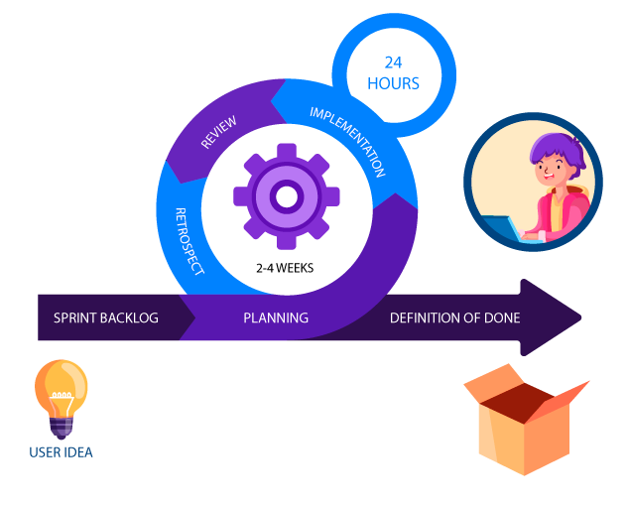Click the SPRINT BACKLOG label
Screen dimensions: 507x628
[x=106, y=318]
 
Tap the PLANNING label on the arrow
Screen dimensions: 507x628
[x=276, y=318]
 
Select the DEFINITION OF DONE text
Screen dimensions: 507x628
[x=454, y=318]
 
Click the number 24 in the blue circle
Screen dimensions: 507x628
[x=394, y=63]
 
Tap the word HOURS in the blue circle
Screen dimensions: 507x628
[x=394, y=84]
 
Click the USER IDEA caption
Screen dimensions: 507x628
[x=62, y=452]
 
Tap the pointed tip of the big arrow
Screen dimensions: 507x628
[x=579, y=317]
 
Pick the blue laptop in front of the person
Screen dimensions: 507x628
[x=506, y=229]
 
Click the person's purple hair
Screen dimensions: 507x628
[x=556, y=149]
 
